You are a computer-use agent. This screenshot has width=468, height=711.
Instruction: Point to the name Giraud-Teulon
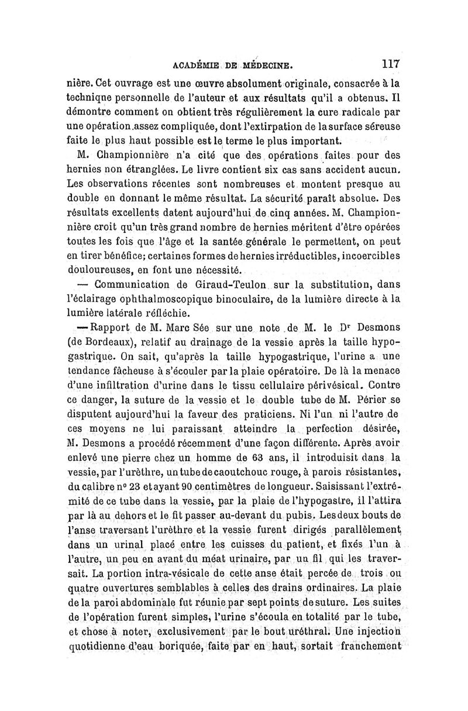tap(232, 286)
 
